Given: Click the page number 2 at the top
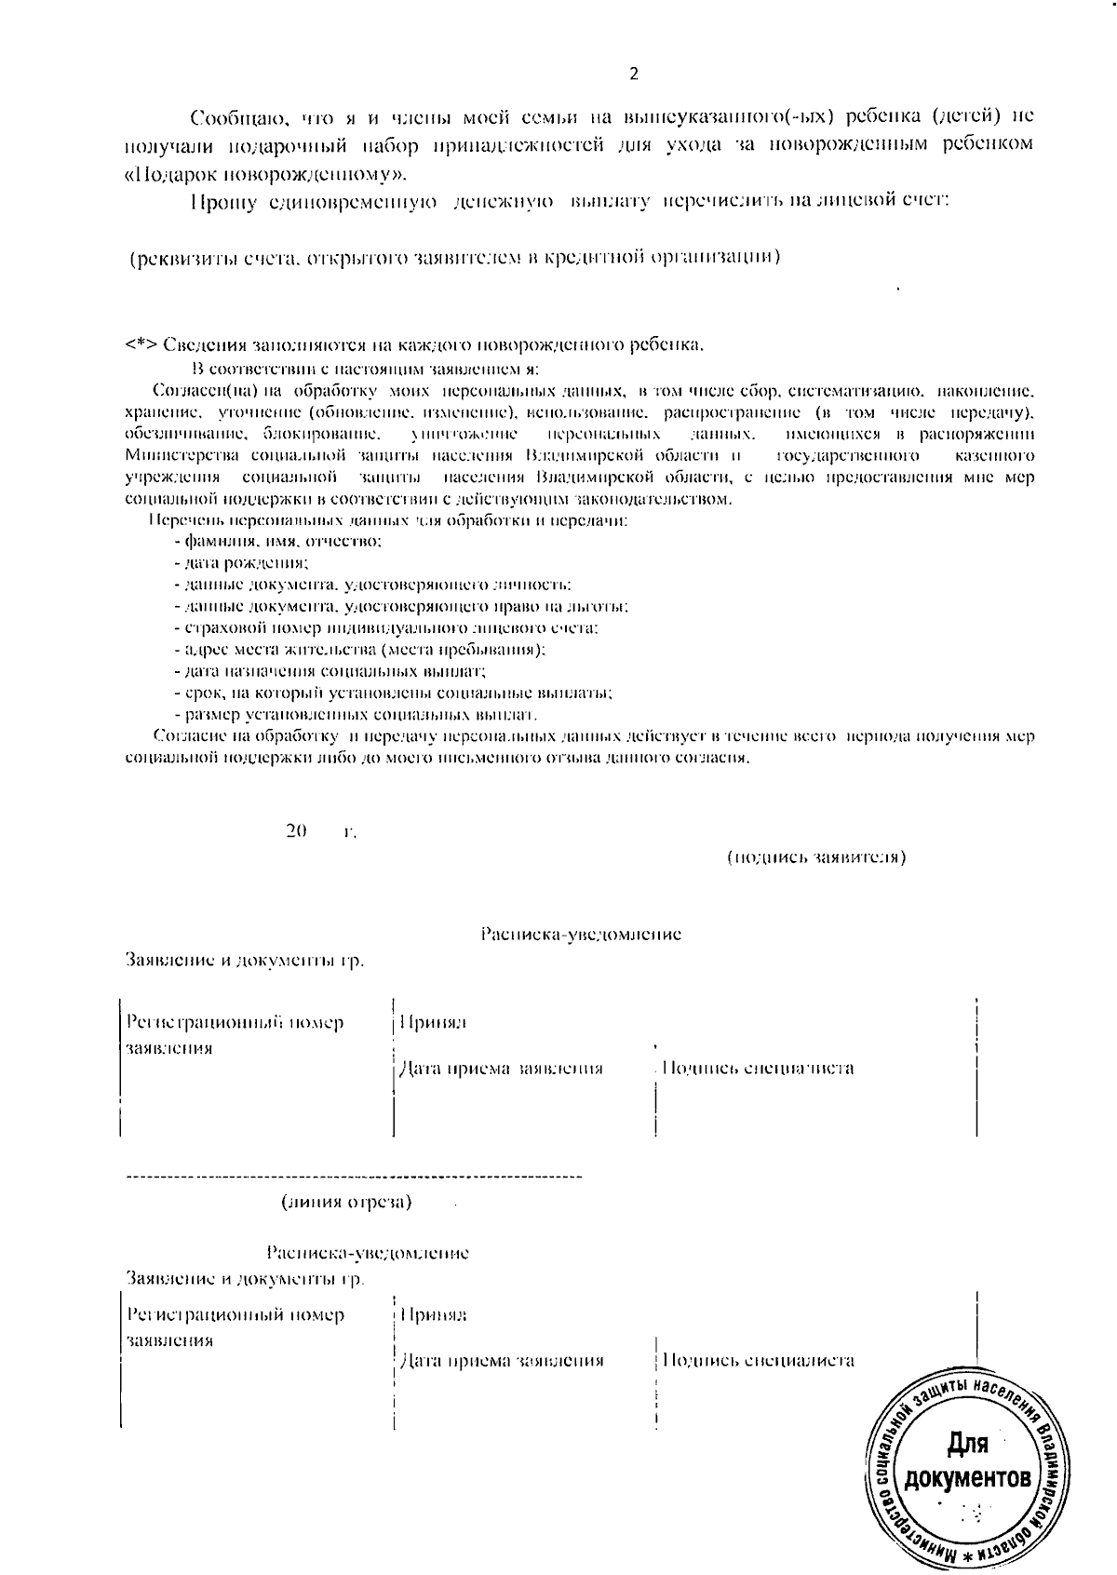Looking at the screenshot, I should [634, 74].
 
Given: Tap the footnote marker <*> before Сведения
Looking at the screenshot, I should [141, 345].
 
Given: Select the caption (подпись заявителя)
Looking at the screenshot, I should [815, 856].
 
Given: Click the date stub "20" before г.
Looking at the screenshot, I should [297, 830].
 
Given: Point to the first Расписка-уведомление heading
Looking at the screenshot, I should [581, 934].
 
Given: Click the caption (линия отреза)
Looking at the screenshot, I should [346, 1202].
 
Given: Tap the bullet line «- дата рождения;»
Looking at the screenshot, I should [241, 563].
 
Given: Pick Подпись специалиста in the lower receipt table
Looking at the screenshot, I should [758, 1360].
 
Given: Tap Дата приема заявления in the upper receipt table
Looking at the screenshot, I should [501, 1069].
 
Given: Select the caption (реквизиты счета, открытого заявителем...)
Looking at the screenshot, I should [453, 257].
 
